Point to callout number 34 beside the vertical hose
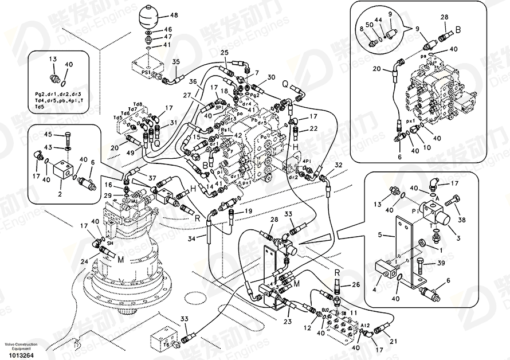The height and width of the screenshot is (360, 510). point(193,238)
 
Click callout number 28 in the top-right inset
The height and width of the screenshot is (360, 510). point(444,17)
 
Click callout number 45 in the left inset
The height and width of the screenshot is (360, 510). point(48,135)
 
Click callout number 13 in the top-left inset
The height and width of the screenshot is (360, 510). point(53,60)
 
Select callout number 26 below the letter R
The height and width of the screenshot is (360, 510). point(355,284)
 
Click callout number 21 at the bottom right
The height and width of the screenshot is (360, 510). point(393,342)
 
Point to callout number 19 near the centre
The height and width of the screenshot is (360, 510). point(248,211)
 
